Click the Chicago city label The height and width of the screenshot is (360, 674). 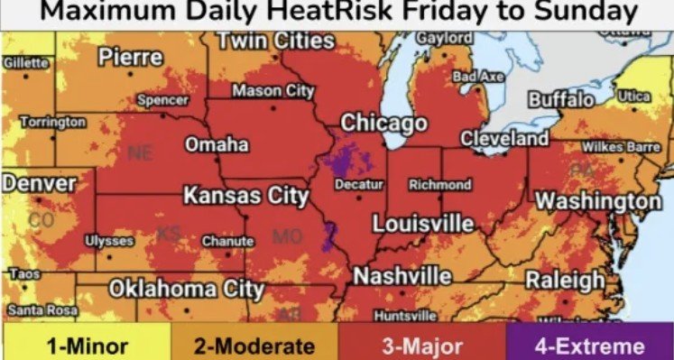pos(383,122)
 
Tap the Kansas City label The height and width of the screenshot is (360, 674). pos(246,196)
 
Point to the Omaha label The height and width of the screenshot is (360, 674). pos(217,144)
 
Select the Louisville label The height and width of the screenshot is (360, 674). pos(423,222)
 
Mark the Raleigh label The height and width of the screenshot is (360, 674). pos(565,279)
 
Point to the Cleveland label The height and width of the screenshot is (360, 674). pos(504,139)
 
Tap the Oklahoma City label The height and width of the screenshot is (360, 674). pos(187,289)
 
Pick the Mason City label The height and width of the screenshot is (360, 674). pos(272,90)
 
